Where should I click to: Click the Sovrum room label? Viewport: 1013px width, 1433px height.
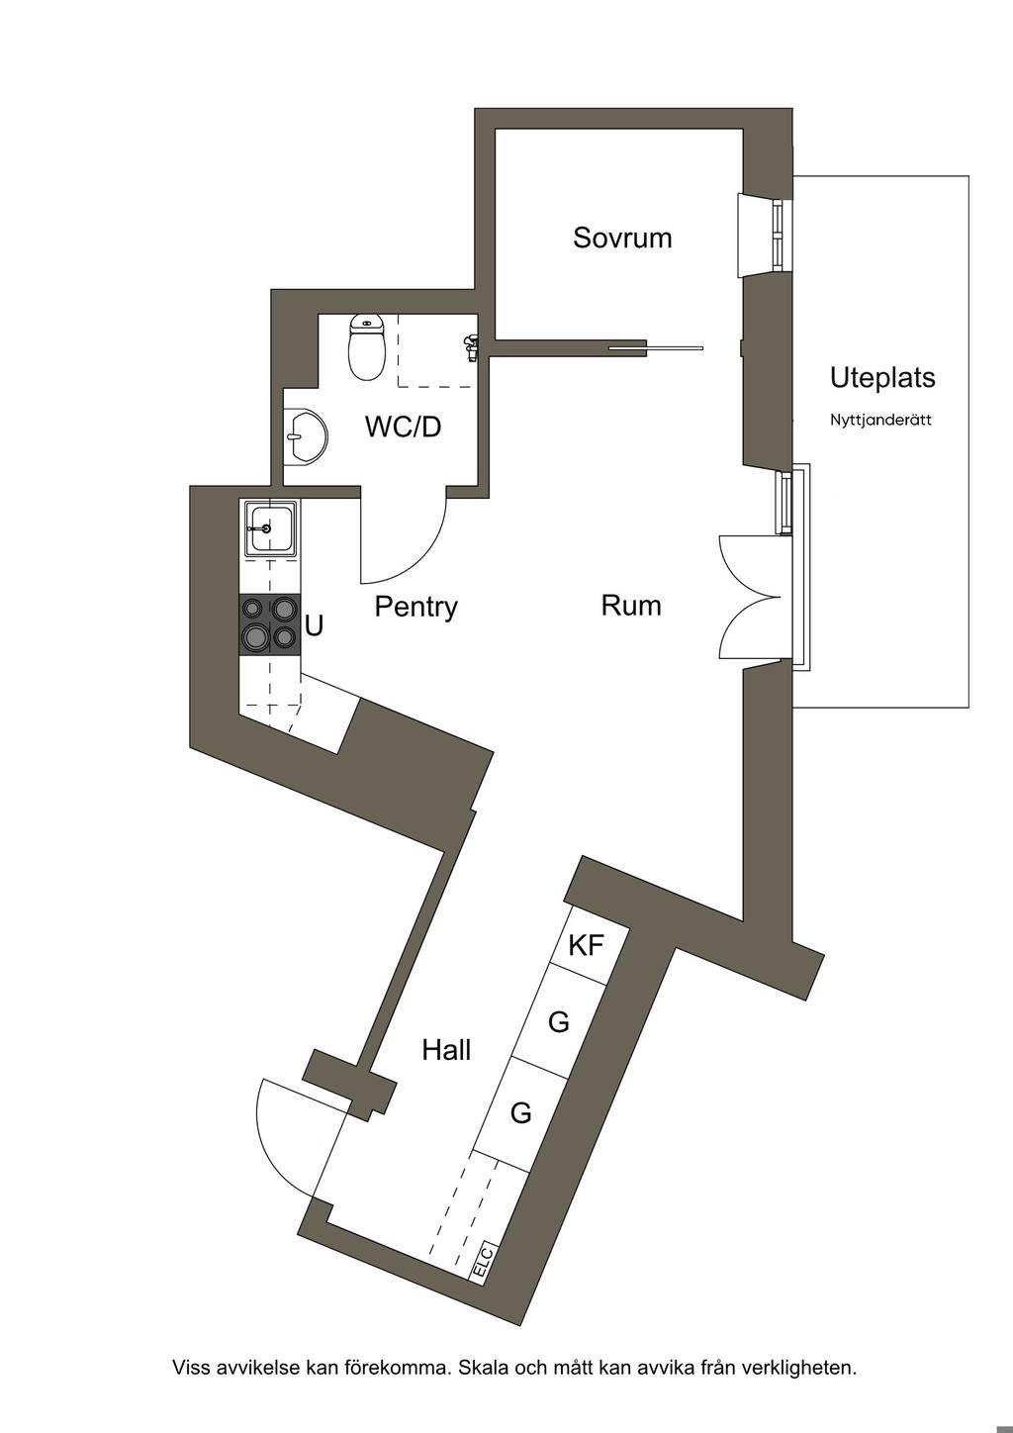(x=622, y=238)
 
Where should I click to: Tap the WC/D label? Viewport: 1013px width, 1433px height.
(x=403, y=427)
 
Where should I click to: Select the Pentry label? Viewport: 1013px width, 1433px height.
(x=416, y=607)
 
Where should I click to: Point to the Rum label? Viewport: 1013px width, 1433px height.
(x=631, y=606)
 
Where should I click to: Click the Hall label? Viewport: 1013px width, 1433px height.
(x=446, y=1050)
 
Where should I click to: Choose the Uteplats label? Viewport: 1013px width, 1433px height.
(x=882, y=378)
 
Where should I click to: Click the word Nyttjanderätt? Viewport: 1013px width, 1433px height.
(x=881, y=421)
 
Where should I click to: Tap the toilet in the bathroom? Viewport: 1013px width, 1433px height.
(x=366, y=346)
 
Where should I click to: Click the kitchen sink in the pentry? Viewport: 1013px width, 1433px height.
(x=270, y=528)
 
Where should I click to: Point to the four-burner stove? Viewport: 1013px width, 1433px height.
(x=269, y=625)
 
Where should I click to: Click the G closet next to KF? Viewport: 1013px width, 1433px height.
(x=558, y=1021)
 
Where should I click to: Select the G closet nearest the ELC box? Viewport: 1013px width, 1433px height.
(x=520, y=1113)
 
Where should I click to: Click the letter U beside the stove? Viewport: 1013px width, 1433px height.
(x=314, y=625)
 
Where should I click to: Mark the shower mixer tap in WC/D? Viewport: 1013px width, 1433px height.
(x=470, y=347)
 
